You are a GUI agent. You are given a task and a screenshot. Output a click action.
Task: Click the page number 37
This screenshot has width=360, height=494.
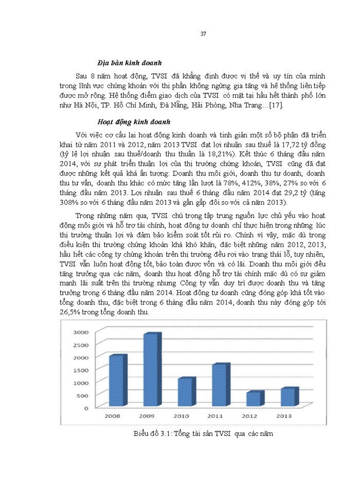[203, 34]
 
